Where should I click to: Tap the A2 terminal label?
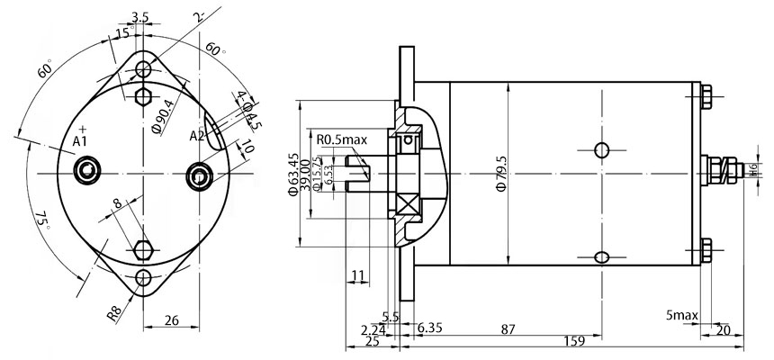point(197,136)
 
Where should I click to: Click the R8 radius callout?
point(114,314)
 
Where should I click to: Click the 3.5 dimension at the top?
point(139,17)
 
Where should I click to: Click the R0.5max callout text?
point(342,139)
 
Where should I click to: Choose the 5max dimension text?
point(682,316)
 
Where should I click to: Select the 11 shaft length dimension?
point(357,274)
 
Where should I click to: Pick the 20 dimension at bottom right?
point(722,330)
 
